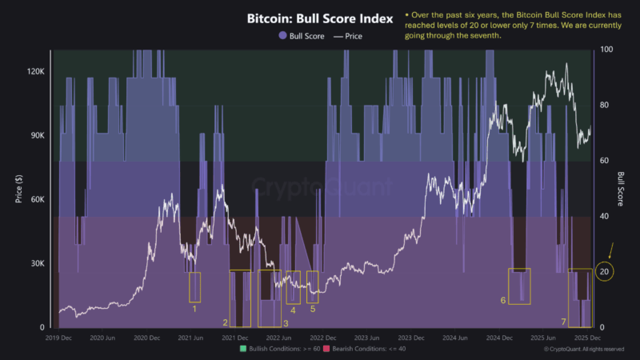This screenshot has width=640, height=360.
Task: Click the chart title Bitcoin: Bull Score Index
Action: [318, 18]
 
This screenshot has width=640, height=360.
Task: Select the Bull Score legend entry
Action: [301, 36]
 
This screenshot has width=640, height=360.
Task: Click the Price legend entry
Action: [349, 36]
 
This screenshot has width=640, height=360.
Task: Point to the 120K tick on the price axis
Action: [35, 71]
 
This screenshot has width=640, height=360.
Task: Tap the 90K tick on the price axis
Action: [37, 135]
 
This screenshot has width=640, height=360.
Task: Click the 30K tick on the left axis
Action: [37, 264]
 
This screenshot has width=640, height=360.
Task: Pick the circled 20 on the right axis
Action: [606, 272]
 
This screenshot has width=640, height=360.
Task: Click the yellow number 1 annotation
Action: [194, 308]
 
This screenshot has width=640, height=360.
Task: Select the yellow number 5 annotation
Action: [313, 308]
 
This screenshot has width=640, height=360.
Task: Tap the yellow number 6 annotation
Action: [503, 300]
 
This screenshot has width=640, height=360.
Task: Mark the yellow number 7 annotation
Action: [563, 322]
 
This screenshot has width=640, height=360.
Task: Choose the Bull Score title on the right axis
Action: [621, 188]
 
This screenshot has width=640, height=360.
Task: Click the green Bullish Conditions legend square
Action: [242, 349]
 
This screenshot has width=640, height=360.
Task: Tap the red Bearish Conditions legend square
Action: [330, 349]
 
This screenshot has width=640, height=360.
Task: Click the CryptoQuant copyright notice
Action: [584, 350]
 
